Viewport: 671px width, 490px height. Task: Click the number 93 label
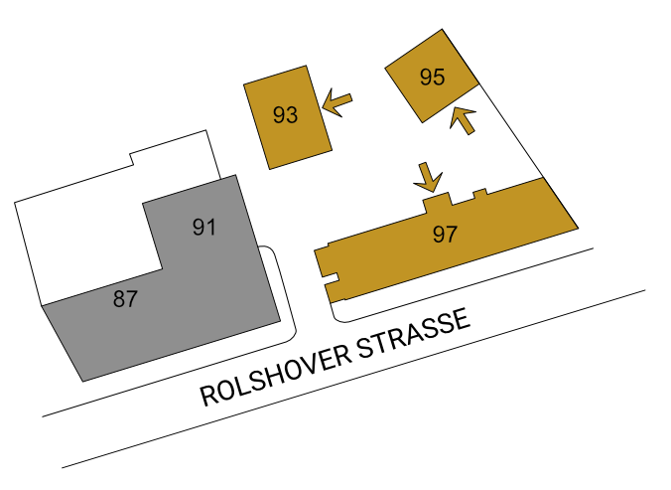pos(286,114)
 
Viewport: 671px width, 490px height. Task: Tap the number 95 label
pos(432,78)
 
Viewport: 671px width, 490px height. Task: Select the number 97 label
pos(445,235)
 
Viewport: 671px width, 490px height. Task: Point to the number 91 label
pos(204,227)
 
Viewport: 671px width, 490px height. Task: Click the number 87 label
pos(125,298)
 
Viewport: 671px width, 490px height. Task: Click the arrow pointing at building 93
pos(337,102)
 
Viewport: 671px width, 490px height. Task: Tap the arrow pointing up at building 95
pos(463,121)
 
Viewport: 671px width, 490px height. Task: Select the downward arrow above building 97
pos(428,177)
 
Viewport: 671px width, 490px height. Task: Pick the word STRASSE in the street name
pos(414,333)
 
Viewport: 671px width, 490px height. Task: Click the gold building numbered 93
pos(288,117)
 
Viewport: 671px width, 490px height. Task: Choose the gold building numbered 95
pos(432,76)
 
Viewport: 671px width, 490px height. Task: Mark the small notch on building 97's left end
pos(331,277)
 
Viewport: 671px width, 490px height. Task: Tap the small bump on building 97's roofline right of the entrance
pos(480,194)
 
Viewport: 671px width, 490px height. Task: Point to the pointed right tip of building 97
pos(578,228)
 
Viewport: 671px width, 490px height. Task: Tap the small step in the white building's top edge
pos(132,159)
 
